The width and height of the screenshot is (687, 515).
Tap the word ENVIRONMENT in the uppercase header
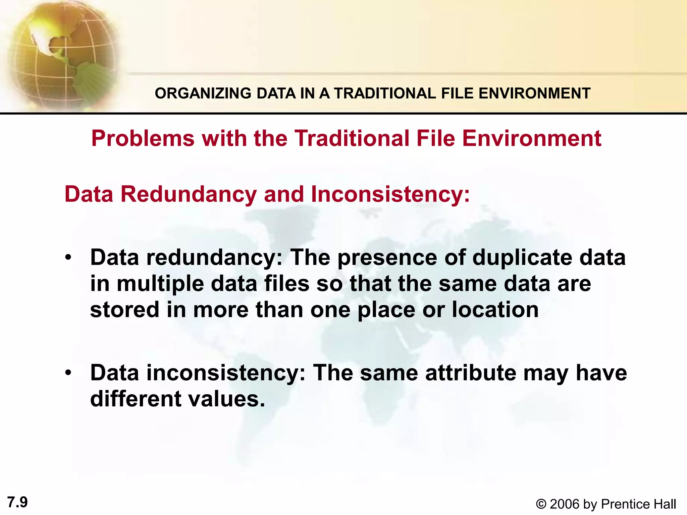pos(534,93)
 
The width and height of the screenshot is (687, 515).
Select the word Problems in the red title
pos(143,138)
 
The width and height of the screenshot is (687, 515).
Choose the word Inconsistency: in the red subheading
pos(391,194)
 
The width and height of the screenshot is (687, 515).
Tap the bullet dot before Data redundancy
pos(68,258)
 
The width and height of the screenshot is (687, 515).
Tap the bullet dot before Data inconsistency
pos(68,373)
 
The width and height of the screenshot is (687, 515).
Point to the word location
pos(495,309)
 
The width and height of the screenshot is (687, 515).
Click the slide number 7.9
pos(17,502)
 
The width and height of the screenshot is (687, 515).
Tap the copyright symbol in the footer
pos(541,504)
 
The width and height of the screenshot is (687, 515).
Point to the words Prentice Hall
pos(638,504)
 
